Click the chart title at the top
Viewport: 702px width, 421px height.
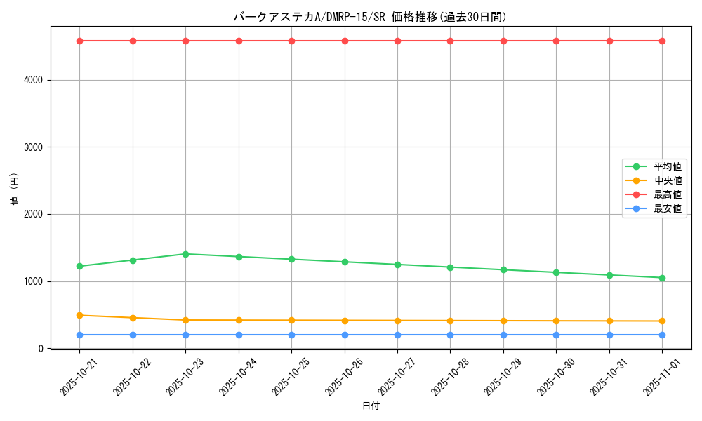370,17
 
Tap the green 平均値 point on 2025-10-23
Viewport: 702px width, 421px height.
185,254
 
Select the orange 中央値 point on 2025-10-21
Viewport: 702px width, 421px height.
79,316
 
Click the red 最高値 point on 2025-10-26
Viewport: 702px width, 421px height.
345,41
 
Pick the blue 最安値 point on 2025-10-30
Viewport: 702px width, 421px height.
556,335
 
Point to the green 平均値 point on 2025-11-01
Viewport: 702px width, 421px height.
662,278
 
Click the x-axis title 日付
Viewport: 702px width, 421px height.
371,406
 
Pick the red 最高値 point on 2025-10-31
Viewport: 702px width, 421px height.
609,41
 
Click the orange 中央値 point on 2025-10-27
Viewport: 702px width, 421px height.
397,321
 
